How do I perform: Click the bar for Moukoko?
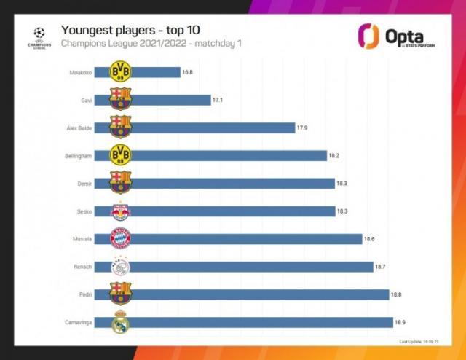tap(156, 72)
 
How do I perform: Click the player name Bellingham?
tap(77, 155)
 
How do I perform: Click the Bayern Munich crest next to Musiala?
tap(120, 238)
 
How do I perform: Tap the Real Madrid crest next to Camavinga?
tap(120, 322)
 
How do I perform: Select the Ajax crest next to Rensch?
tap(120, 267)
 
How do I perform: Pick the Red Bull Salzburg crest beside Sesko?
tap(120, 211)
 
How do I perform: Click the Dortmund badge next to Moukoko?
tap(120, 71)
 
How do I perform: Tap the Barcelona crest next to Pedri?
tap(120, 294)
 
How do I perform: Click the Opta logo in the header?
tap(398, 37)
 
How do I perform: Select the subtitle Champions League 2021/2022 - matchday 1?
tap(151, 44)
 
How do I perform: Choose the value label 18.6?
tap(370, 239)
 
